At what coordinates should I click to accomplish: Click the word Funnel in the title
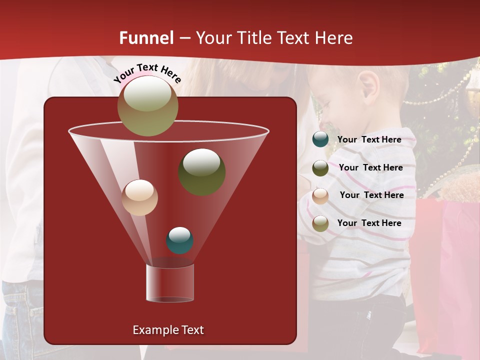point(146,38)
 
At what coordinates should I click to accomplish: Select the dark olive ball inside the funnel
point(201,171)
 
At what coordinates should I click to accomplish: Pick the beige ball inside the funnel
point(139,197)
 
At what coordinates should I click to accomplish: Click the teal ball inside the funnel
point(179,240)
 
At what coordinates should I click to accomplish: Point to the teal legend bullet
point(320,139)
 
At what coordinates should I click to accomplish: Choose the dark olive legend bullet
point(320,168)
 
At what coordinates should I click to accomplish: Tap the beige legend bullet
point(320,195)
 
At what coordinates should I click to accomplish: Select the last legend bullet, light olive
point(320,223)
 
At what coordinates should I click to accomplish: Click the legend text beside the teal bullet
point(369,139)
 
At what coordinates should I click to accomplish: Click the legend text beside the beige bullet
point(371,195)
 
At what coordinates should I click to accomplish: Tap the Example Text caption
point(168,330)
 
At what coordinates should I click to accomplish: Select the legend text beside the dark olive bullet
point(370,167)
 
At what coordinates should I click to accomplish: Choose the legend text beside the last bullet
point(369,223)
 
